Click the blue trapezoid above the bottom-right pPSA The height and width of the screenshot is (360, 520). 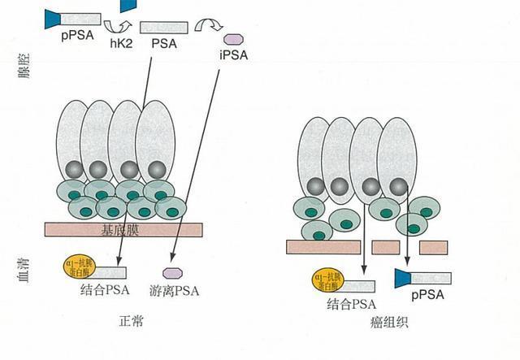point(405,279)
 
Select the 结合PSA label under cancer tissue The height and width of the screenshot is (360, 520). point(352,305)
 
